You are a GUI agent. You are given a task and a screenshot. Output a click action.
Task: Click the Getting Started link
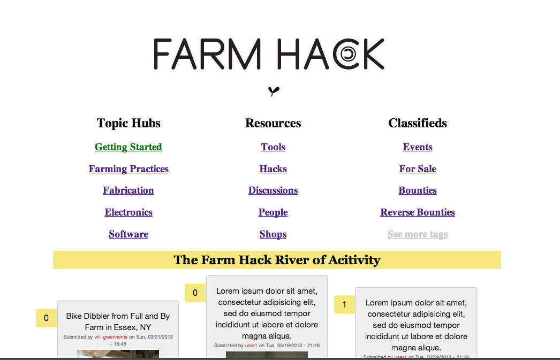(x=128, y=147)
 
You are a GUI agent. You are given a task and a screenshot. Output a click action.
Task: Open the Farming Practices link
(x=128, y=168)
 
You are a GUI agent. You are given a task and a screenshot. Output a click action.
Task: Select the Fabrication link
(x=128, y=190)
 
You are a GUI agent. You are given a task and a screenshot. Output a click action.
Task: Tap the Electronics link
(x=128, y=212)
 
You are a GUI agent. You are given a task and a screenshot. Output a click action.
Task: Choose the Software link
(x=128, y=234)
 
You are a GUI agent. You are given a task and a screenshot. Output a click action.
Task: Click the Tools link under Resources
(x=273, y=147)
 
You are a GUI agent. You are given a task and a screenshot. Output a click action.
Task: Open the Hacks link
(x=273, y=168)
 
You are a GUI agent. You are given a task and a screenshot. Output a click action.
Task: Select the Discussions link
(x=273, y=190)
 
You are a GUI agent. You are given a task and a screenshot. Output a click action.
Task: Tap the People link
(x=273, y=212)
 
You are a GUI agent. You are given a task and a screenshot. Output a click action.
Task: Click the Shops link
(x=273, y=234)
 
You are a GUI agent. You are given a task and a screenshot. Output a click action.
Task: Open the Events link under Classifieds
(x=418, y=147)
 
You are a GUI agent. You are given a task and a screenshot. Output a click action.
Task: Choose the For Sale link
(x=418, y=168)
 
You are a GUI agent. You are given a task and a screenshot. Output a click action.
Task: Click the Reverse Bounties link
(x=418, y=212)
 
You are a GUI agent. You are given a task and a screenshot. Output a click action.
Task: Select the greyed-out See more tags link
(x=418, y=234)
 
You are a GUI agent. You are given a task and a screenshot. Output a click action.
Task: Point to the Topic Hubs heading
(x=128, y=123)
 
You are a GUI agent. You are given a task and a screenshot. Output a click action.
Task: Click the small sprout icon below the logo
(x=274, y=91)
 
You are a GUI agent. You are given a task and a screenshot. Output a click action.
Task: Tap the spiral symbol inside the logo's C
(x=348, y=54)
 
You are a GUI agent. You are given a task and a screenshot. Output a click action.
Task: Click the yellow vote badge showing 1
(x=344, y=305)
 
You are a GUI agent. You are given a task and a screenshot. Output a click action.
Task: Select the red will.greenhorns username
(x=111, y=337)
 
